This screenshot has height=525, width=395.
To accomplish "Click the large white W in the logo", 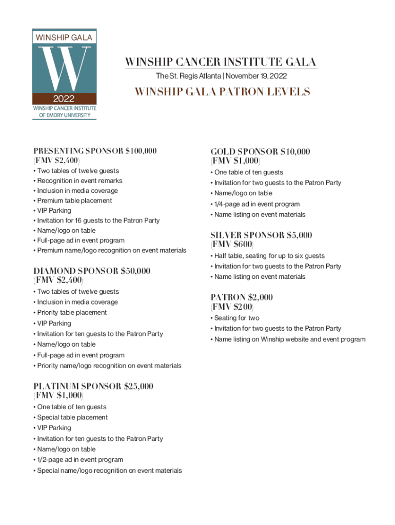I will click(x=64, y=68).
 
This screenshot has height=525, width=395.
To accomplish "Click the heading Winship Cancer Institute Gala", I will click(x=221, y=63).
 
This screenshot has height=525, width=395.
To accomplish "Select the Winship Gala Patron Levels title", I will click(x=222, y=92).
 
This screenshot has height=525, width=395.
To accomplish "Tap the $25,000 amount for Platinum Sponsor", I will click(x=139, y=386).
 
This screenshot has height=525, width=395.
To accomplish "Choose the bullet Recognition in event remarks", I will click(x=80, y=180).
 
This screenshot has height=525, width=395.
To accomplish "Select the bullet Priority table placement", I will click(x=71, y=312).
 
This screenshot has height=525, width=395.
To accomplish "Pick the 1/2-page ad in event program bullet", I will click(x=80, y=460).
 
